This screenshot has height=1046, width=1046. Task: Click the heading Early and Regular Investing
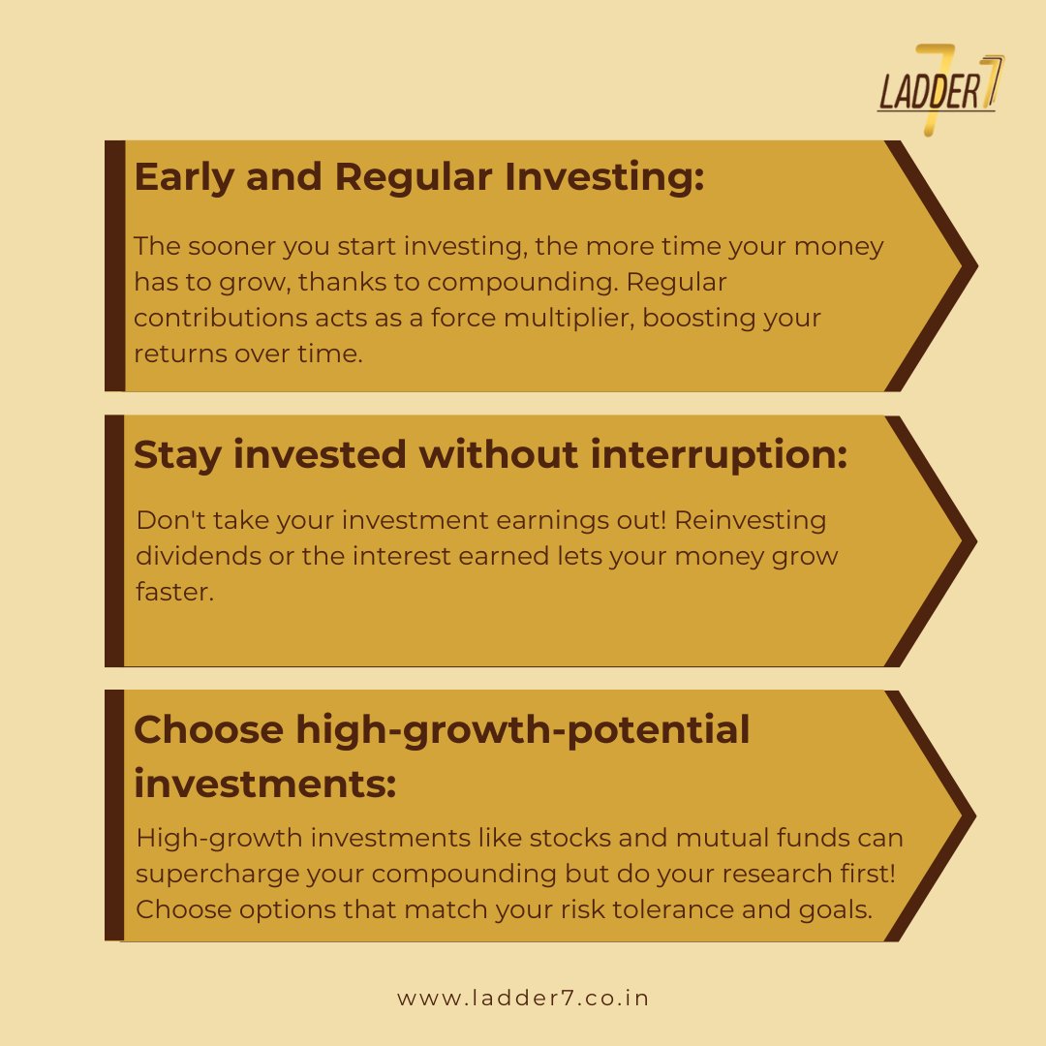pos(419,178)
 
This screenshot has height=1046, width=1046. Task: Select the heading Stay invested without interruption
pos(490,454)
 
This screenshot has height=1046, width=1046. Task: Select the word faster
pos(173,592)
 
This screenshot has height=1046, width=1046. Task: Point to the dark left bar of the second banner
pos(114,540)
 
